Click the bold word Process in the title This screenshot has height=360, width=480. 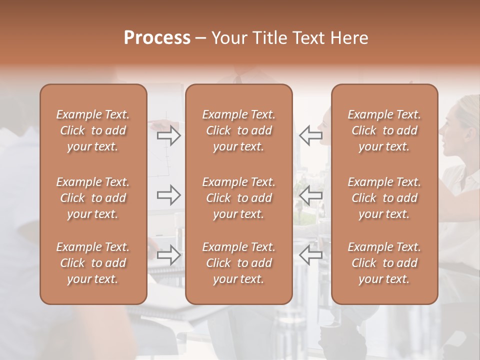pos(157,38)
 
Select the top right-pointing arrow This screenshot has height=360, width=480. pos(169,135)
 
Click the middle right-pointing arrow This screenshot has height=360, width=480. pos(169,195)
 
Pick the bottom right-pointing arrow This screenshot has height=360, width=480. pos(169,255)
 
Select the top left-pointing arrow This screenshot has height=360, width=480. pos(310,135)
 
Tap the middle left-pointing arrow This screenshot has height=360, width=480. pos(310,195)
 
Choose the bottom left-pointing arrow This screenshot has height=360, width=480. pos(310,255)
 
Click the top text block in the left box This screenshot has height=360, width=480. pos(93,130)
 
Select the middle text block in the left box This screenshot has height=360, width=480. pos(93,198)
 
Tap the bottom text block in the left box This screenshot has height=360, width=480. pos(93,263)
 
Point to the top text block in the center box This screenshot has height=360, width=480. pos(238,130)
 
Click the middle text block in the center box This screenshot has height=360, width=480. pos(238,198)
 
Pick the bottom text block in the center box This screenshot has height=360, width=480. pos(238,263)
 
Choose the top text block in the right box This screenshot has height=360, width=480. pos(384,130)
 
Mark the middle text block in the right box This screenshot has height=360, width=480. pos(384,198)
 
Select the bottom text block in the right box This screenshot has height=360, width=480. pos(384,263)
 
